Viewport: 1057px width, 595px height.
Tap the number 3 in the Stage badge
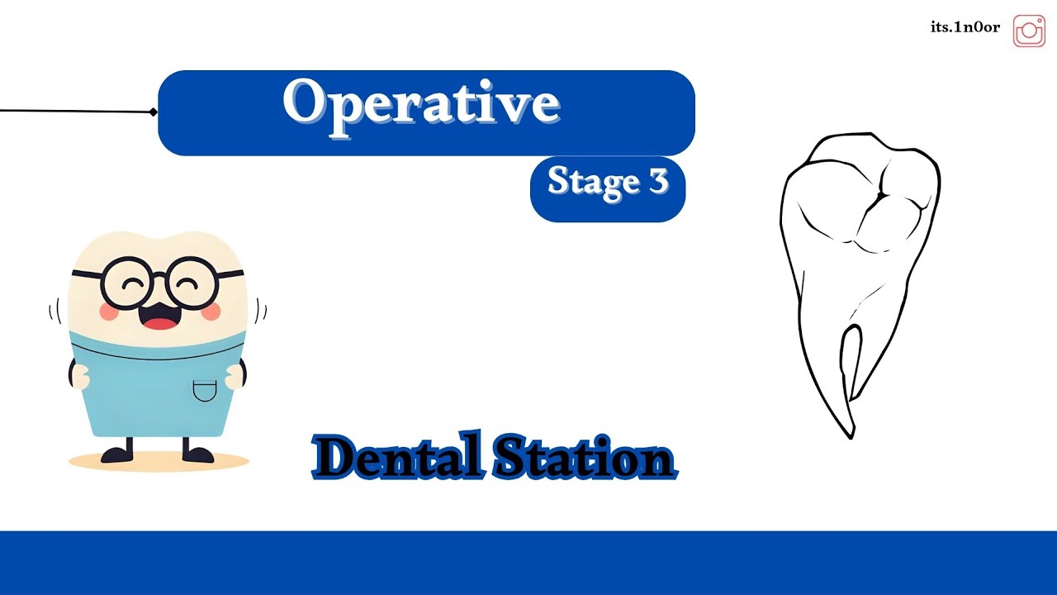(x=657, y=181)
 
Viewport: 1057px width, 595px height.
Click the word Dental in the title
(x=396, y=457)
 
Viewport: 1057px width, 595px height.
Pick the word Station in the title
(x=583, y=457)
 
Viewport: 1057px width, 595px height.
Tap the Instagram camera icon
(x=1029, y=31)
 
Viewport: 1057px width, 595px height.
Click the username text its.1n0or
(x=965, y=27)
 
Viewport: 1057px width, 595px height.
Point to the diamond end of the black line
(x=154, y=112)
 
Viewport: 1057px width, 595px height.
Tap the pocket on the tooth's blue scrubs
(x=204, y=389)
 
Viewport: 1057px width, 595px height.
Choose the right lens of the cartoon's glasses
(x=192, y=283)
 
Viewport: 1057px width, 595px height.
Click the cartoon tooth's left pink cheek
(x=111, y=311)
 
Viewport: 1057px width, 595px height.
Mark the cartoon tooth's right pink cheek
(x=211, y=311)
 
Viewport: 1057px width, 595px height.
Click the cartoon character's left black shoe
(x=116, y=454)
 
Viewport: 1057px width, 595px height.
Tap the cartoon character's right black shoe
(x=198, y=454)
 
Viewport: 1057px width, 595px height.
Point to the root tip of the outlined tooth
(x=851, y=433)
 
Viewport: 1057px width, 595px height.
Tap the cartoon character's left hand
(x=79, y=376)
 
